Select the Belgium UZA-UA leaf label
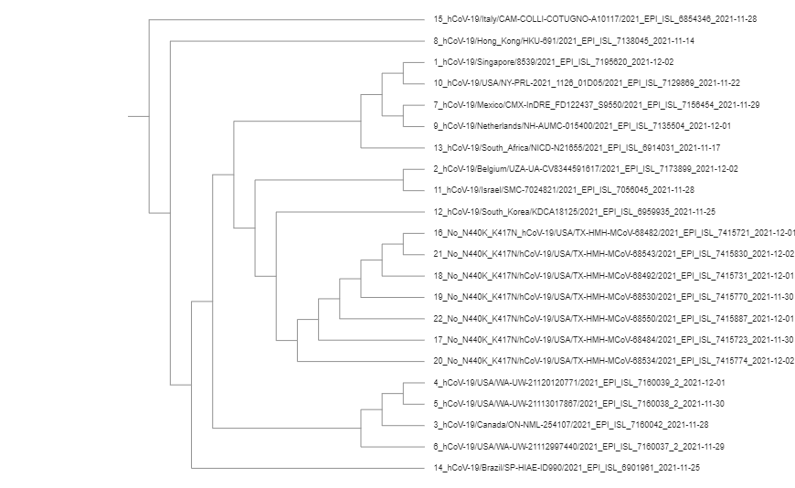(x=585, y=169)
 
